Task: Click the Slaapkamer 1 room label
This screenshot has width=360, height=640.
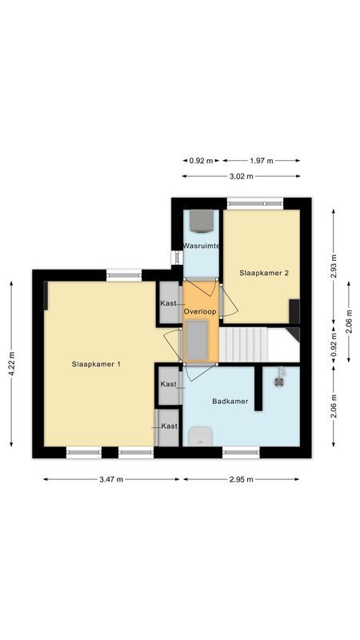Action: tap(95, 365)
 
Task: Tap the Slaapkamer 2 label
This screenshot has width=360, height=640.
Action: tap(264, 273)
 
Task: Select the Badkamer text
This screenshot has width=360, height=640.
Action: tap(229, 401)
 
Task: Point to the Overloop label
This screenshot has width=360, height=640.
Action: tap(199, 310)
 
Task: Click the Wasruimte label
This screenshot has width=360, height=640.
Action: tap(201, 245)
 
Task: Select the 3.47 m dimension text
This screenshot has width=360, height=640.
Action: tap(110, 480)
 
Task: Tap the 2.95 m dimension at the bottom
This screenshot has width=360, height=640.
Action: tap(241, 480)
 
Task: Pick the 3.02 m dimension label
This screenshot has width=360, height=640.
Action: tap(241, 176)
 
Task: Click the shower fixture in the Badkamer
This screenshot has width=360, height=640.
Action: tap(280, 377)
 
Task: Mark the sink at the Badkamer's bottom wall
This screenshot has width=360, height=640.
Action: tap(199, 436)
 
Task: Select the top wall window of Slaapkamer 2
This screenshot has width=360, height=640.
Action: tap(254, 204)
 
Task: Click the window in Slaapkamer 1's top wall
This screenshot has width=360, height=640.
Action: tap(124, 276)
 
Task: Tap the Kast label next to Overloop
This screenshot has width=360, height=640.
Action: tap(168, 303)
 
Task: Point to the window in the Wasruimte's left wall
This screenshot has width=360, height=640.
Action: tap(175, 258)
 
